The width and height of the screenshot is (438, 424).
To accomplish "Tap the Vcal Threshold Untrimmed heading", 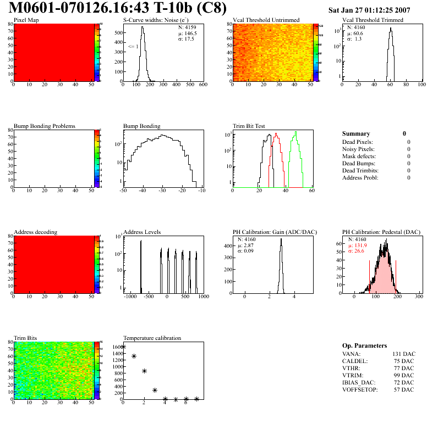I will point(266,20).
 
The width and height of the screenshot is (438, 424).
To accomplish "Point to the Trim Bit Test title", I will point(249,126).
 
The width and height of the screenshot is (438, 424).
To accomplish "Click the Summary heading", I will point(356,133).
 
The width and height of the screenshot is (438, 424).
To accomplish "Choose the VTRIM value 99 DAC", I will point(405,375).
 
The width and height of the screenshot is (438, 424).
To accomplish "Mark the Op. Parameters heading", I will point(364,345).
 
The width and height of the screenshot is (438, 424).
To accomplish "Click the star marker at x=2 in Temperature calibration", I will point(144,371).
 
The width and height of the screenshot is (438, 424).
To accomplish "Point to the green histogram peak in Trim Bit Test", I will point(296,132).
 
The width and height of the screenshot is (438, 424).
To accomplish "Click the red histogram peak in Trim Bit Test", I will point(276,133).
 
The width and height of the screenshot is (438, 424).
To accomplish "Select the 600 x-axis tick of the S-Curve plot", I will point(203,85).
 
